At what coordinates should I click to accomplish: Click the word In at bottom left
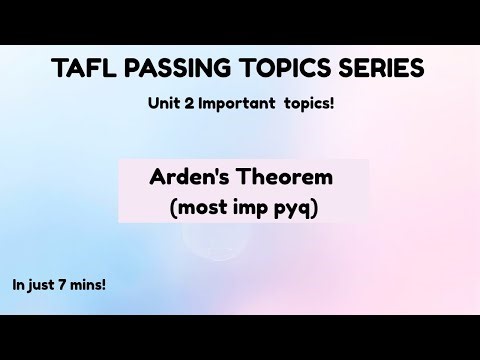pos(20,284)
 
